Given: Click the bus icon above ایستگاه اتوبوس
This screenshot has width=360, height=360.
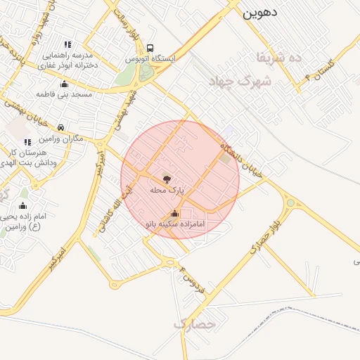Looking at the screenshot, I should click(x=150, y=48).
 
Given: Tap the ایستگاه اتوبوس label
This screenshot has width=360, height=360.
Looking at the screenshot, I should click(x=150, y=59).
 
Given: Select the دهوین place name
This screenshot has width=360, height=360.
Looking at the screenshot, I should click(x=260, y=12).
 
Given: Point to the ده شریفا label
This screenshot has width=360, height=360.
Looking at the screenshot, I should click(x=281, y=57).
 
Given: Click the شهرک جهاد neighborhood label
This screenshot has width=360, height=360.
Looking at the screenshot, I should click(x=245, y=82).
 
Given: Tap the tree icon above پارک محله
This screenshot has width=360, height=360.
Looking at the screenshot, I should click(x=167, y=179).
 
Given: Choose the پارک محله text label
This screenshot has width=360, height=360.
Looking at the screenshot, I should click(x=167, y=190).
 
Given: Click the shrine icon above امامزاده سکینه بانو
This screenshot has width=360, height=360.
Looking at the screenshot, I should click(x=174, y=213).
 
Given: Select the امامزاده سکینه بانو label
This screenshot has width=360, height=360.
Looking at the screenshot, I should click(x=174, y=224).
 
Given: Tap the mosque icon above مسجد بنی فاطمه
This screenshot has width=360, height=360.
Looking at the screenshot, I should click(x=65, y=82).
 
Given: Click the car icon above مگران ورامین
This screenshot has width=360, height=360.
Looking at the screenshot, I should click(x=62, y=127).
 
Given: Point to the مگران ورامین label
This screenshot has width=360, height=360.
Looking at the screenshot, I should click(x=62, y=139).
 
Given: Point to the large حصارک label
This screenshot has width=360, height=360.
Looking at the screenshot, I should click(x=192, y=325).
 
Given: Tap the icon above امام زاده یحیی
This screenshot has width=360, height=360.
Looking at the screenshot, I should click(x=22, y=205).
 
